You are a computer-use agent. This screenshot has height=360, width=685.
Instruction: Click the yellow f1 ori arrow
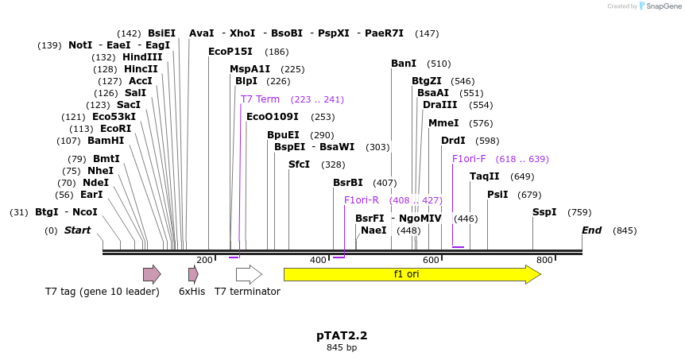coord(412,274)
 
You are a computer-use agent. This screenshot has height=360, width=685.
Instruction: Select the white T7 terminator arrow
coord(249,274)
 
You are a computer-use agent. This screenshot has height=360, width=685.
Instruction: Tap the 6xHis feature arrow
coord(193,274)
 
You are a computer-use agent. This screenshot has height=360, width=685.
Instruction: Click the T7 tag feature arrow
coord(152,274)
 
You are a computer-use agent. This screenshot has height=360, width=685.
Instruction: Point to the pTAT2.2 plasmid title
coord(342,335)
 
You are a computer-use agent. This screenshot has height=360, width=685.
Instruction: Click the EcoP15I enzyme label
coord(230,52)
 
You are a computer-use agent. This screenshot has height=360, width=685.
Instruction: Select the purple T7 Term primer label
coord(260,99)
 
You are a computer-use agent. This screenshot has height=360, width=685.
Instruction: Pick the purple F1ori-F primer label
coord(469,159)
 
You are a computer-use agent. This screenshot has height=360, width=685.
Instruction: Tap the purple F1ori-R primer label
coord(362,200)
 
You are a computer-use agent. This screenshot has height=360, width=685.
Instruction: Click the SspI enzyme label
coord(545,212)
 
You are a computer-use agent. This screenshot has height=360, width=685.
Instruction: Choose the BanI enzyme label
coord(404,64)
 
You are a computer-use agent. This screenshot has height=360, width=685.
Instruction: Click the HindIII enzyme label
coord(142,57)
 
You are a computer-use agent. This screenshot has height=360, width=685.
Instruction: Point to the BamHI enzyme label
coord(106,141)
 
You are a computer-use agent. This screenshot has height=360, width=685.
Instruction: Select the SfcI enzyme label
coord(299,165)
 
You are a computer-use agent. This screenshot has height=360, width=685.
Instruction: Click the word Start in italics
coord(78,230)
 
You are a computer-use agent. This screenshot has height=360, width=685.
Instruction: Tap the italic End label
coord(592,230)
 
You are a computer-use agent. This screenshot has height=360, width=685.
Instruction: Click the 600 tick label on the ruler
coord(432,261)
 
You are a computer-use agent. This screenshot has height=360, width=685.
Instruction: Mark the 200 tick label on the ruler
coord(204,261)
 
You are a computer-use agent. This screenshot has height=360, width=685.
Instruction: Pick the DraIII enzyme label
coord(439,105)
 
